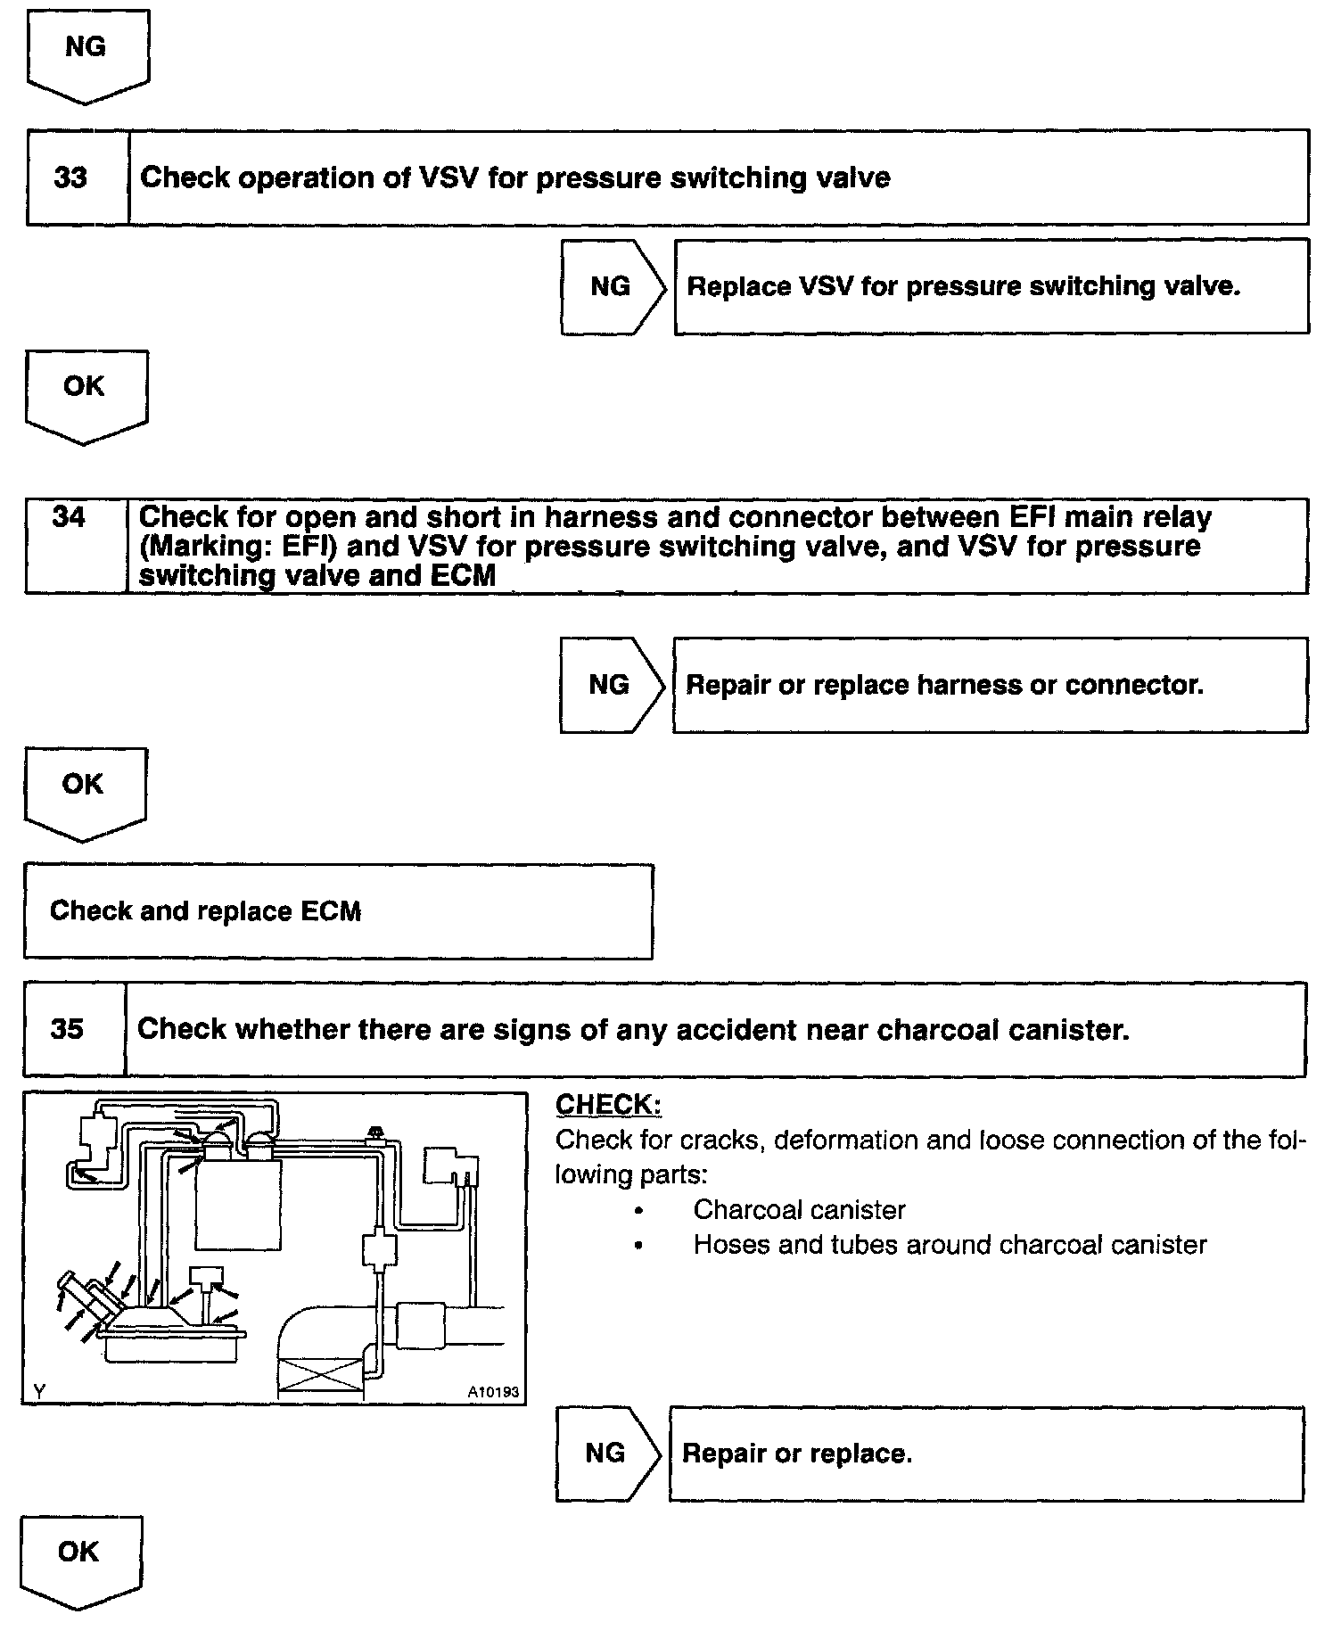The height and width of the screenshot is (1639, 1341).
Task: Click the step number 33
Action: pos(70,177)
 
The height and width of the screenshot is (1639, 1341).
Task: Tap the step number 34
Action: pos(69,517)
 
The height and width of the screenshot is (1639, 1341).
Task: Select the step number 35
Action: pos(67,1028)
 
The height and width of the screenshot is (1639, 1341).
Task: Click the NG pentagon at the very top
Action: pos(86,49)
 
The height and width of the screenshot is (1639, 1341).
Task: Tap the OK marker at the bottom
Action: pos(78,1553)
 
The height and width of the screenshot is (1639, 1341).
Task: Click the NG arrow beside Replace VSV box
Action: pos(611,287)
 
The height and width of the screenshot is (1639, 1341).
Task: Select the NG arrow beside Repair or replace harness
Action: pos(610,685)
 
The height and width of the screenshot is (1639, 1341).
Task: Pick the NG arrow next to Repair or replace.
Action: pos(606,1454)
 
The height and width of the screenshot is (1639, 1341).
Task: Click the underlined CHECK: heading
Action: pos(608,1105)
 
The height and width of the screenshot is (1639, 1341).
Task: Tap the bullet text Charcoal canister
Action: pos(799,1210)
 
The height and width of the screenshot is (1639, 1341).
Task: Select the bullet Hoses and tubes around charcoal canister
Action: pos(950,1245)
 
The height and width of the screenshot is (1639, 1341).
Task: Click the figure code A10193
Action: pos(492,1392)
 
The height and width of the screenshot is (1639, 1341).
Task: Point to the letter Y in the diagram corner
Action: pos(38,1391)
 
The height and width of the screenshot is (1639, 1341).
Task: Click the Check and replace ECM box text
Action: pos(205,911)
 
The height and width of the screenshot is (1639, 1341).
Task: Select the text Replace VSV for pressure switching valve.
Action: pos(964,287)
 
